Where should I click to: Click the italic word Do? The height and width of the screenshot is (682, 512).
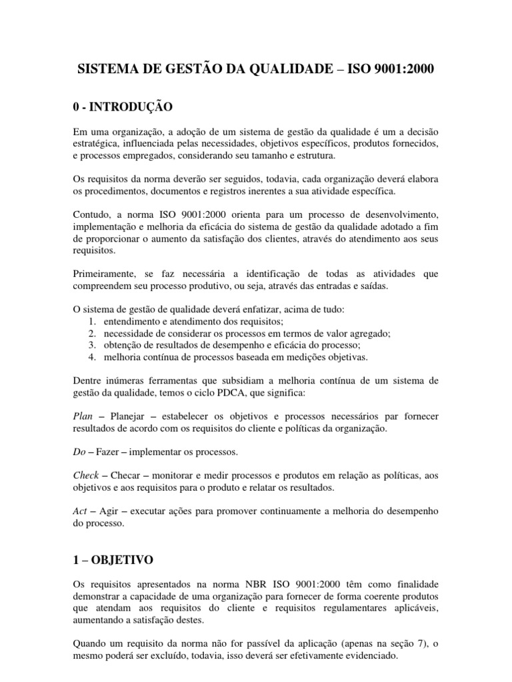78,453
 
